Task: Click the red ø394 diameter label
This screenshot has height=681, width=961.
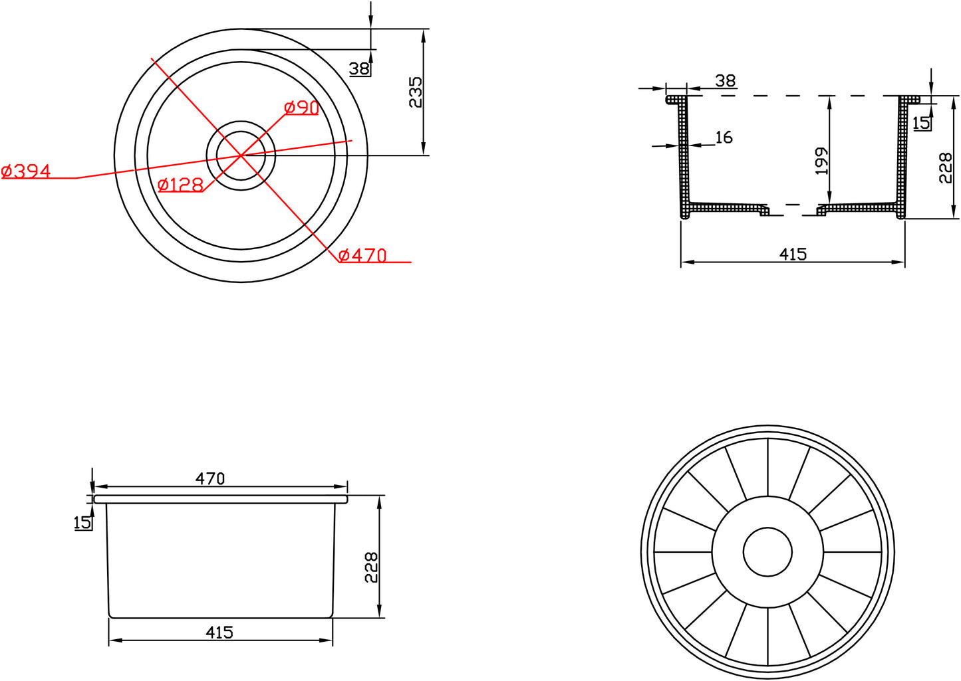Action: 27,171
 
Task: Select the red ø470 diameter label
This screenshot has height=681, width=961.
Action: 362,255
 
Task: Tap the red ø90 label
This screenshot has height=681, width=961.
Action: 301,108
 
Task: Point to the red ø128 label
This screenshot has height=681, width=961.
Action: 180,185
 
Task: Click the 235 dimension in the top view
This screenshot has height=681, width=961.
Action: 415,92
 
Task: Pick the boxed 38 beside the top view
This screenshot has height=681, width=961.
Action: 360,68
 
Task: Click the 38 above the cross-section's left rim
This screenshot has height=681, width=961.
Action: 726,80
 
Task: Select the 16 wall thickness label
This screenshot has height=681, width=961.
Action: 724,138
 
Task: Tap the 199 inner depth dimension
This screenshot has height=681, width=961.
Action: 822,161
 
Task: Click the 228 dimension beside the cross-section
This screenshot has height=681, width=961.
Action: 946,168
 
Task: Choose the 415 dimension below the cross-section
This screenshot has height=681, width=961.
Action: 793,254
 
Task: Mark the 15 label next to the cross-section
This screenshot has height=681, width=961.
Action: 921,123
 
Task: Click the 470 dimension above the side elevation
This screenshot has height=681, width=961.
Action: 210,478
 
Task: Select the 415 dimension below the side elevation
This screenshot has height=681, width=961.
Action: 219,632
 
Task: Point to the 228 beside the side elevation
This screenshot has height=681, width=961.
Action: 371,567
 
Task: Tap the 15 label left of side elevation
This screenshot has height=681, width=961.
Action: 82,523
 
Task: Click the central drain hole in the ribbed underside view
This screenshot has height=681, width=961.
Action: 767,552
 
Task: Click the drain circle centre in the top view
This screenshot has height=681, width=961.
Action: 241,155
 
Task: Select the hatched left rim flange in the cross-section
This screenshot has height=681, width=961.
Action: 675,100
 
